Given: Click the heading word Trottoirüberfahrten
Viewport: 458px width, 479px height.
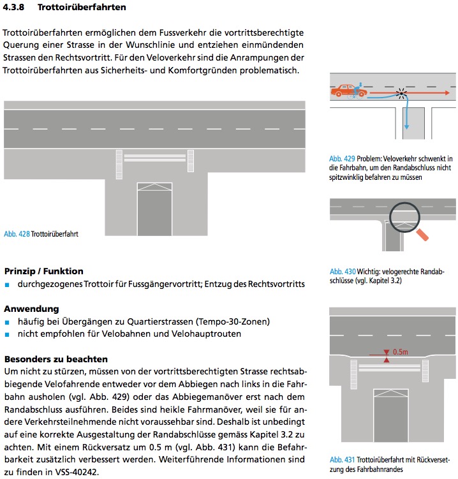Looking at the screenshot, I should point(81,8).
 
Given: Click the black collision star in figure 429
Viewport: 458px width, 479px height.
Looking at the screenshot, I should point(401,93).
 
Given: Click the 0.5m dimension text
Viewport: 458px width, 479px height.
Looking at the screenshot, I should point(401,351).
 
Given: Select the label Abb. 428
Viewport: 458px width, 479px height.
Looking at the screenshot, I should point(17,234).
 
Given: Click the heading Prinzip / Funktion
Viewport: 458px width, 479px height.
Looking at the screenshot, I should point(44,271).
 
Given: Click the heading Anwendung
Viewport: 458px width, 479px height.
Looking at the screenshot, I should point(32,309).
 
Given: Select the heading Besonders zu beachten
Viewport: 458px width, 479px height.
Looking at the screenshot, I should point(56,358).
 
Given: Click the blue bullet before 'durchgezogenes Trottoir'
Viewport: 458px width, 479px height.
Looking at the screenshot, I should point(8,284).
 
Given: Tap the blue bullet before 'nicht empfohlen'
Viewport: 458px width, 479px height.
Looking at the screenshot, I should point(8,334).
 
